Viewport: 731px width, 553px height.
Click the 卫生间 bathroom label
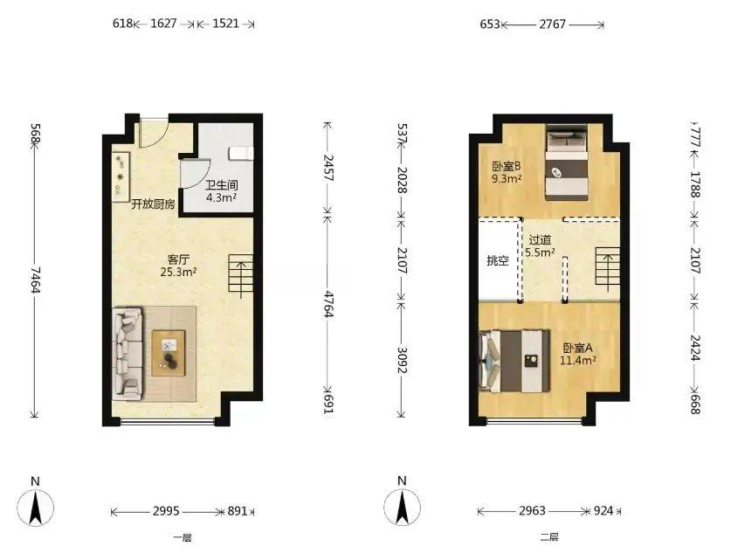click(222, 185)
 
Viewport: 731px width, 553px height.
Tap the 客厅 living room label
click(178, 259)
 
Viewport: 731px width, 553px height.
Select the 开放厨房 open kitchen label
click(153, 204)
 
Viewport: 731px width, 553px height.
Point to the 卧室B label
click(507, 166)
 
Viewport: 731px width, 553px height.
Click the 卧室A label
click(577, 348)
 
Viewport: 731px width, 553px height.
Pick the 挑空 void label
click(498, 260)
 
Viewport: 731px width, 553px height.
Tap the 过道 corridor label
click(540, 240)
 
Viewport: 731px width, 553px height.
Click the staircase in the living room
click(240, 276)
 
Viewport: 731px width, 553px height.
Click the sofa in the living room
click(128, 354)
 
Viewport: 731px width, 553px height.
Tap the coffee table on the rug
click(169, 353)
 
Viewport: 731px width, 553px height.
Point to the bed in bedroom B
click(567, 162)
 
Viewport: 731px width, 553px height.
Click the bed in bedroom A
click(514, 361)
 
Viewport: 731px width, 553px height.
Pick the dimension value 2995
click(166, 511)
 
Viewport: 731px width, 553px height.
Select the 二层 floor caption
click(548, 537)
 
